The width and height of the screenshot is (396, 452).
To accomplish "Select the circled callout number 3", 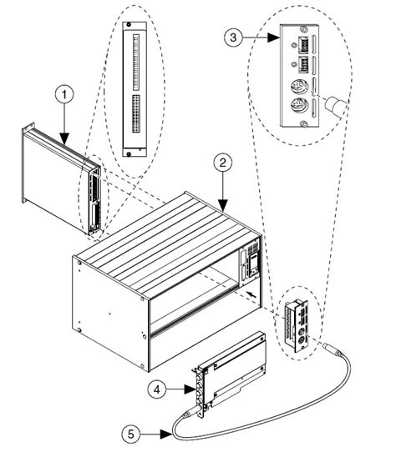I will click(236, 38).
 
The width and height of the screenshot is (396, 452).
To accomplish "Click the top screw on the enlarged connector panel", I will click(298, 28).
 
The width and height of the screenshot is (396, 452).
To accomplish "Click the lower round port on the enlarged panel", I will click(296, 106).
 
